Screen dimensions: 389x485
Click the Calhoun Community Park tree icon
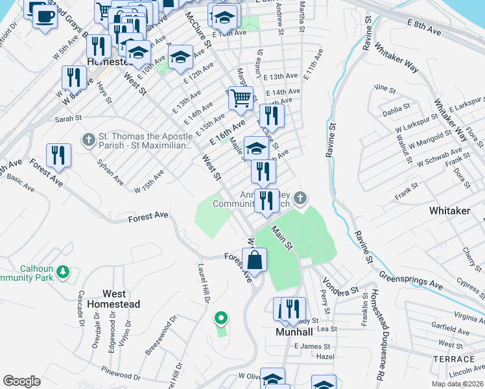(63, 272)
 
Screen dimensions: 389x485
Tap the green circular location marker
(221, 318)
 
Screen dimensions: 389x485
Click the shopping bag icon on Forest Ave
(255, 259)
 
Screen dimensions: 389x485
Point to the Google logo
(21, 381)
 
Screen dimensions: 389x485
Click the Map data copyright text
(457, 383)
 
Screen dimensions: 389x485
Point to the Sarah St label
(68, 119)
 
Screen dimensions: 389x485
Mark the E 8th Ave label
(425, 31)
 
